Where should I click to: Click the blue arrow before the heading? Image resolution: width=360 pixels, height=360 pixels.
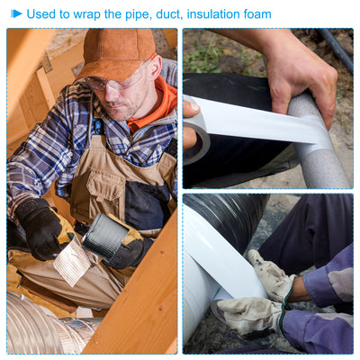pos(16,13)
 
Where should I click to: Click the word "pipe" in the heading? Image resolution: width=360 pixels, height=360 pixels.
pos(138,15)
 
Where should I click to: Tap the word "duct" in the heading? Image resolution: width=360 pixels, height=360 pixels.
pos(169,14)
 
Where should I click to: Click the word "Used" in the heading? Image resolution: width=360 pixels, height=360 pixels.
pos(40,14)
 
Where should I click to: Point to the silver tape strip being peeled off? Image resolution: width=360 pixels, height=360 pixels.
pos(71,261)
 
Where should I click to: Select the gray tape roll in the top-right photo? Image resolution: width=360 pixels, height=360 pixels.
pos(195,132)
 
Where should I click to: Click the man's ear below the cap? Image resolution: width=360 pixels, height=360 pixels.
pos(156,68)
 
